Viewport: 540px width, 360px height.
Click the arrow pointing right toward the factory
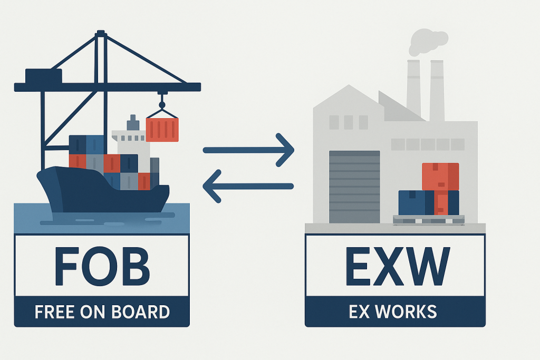(x=248, y=150)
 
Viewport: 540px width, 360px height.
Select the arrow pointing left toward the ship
(x=248, y=186)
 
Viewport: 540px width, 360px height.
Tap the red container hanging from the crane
(x=162, y=129)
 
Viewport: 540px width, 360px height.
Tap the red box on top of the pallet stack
(x=440, y=177)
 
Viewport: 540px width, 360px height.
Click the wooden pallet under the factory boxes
(x=429, y=219)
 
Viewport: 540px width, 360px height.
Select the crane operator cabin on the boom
(x=44, y=75)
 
